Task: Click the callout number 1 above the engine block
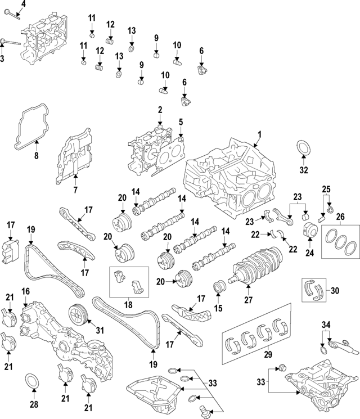click(260, 134)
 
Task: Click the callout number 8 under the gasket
click(37, 155)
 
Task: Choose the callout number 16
click(25, 291)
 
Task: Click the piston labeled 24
click(308, 231)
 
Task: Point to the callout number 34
click(326, 325)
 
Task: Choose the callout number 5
click(181, 121)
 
